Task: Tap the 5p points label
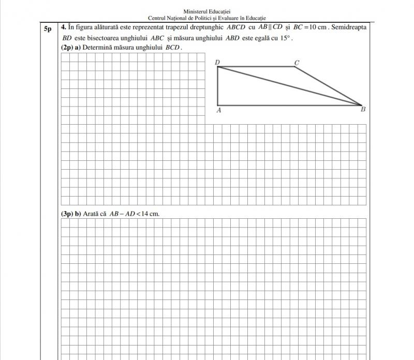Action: [47, 29]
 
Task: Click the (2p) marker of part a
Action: [67, 48]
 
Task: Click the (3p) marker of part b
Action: [67, 214]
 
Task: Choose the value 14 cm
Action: [150, 214]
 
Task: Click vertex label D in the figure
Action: [217, 63]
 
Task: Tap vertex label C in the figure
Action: [297, 63]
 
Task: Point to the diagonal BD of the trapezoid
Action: [290, 86]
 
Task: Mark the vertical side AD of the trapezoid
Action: [218, 86]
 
